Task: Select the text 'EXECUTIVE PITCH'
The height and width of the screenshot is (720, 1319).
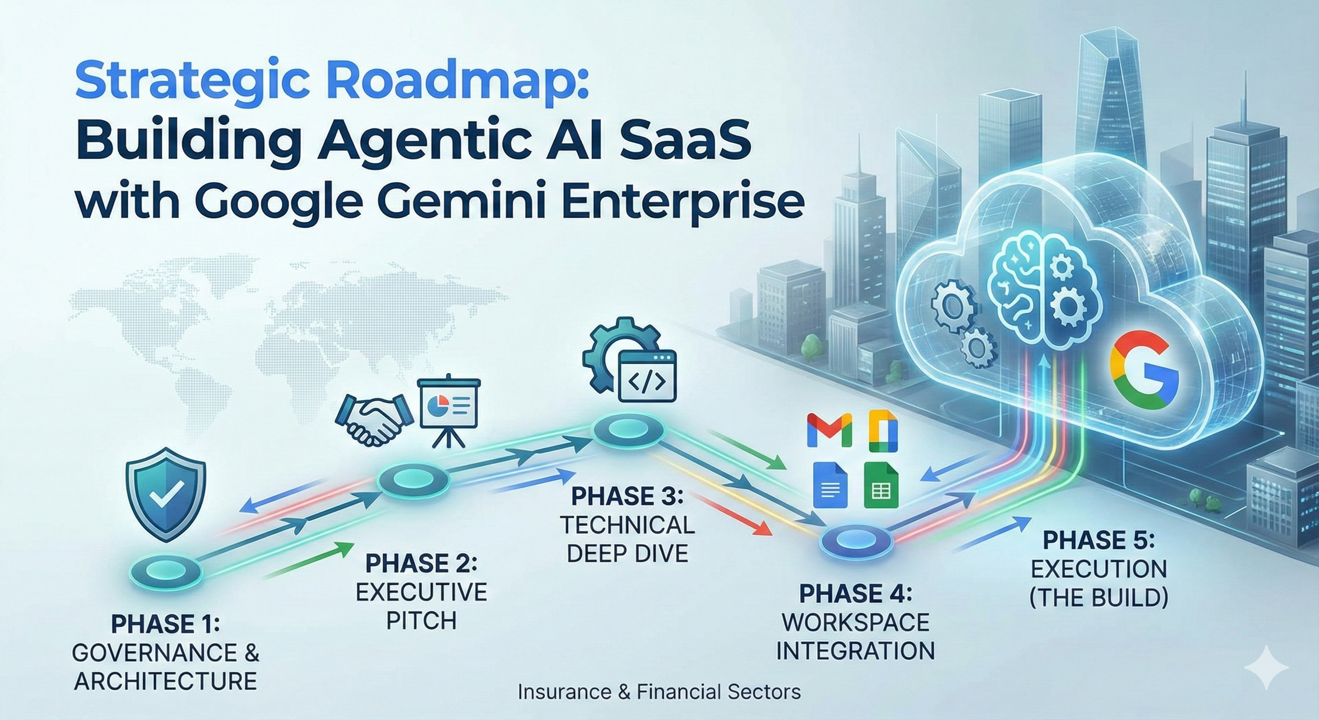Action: [x=422, y=606]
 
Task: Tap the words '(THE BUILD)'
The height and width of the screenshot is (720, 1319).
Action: [x=1099, y=598]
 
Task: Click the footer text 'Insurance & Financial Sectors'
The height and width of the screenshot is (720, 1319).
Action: [x=659, y=692]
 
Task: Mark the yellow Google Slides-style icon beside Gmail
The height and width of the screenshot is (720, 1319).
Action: [x=883, y=430]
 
